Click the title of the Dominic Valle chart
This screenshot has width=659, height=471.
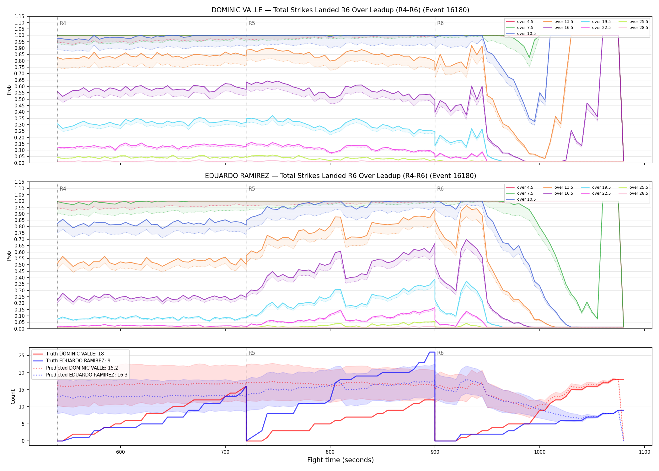340,10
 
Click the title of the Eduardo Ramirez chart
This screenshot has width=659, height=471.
340,176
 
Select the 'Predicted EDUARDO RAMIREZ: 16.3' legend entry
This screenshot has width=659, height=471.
80,375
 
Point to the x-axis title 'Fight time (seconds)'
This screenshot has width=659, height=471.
340,460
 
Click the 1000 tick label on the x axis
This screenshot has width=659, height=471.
540,452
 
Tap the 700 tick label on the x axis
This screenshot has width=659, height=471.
225,452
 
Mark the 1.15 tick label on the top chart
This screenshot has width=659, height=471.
20,16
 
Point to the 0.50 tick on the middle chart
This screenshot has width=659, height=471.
20,265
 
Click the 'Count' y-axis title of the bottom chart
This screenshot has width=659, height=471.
13,397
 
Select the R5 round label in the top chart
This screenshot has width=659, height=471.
252,23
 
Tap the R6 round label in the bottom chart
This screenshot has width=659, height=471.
440,353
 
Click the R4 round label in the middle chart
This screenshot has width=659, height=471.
63,189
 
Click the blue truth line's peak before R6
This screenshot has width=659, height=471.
432,352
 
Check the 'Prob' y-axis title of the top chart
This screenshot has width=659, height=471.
9,90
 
